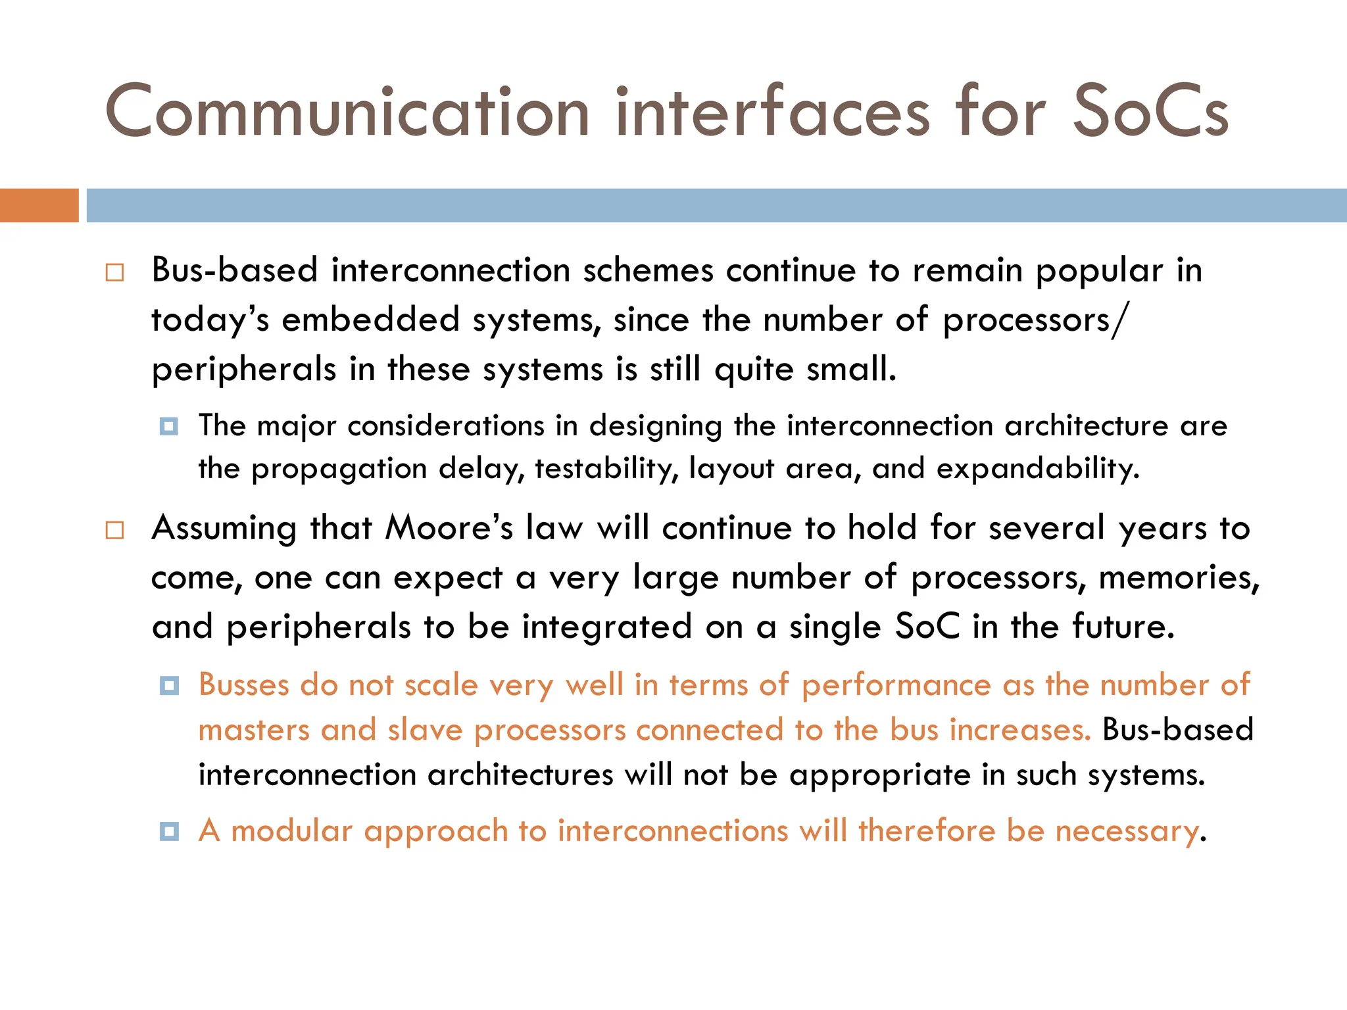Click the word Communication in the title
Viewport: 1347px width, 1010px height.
coord(347,112)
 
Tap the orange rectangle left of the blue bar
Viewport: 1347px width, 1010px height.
coord(39,205)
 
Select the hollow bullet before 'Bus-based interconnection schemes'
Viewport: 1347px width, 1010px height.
coord(114,272)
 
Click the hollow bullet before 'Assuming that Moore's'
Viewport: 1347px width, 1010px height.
coord(114,530)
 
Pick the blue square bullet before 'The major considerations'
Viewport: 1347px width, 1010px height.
coord(169,427)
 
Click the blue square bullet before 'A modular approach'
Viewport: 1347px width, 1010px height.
coord(169,832)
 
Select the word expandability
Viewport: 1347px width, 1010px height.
coord(1037,469)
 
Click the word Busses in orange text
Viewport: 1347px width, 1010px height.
coord(243,685)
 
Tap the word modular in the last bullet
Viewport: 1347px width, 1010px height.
coord(291,830)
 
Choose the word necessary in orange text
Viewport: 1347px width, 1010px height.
coord(1127,832)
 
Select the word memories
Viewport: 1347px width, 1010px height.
coord(1179,578)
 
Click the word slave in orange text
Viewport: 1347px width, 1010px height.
coord(425,731)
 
